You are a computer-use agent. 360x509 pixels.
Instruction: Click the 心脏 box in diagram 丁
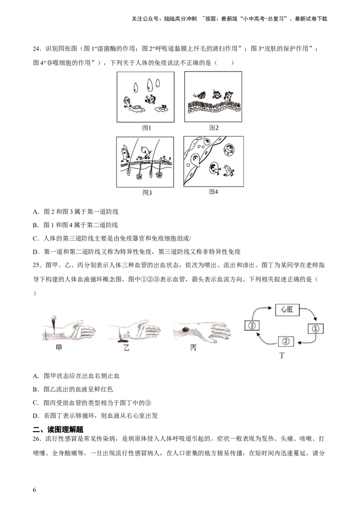(287, 310)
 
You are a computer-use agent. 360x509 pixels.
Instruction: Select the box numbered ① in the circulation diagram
(315, 329)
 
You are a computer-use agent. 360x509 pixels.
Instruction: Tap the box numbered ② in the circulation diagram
(286, 341)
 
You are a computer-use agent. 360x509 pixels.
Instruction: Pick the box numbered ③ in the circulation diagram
(252, 325)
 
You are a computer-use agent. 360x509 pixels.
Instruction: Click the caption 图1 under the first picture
(147, 128)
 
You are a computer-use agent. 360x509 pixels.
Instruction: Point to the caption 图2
(214, 128)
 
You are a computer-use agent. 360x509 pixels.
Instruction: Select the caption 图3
(147, 193)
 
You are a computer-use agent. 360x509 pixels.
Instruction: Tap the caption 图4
(213, 192)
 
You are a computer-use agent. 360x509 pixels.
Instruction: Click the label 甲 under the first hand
(59, 348)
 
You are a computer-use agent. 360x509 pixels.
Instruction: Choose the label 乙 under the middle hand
(126, 348)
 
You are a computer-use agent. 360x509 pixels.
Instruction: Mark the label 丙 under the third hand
(193, 348)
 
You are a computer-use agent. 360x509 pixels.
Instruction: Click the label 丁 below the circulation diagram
(282, 356)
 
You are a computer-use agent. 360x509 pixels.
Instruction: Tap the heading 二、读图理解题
(58, 429)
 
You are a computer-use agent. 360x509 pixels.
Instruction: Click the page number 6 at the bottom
(35, 490)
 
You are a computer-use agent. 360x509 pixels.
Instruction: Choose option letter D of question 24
(36, 252)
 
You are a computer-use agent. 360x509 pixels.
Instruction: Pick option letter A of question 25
(36, 376)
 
